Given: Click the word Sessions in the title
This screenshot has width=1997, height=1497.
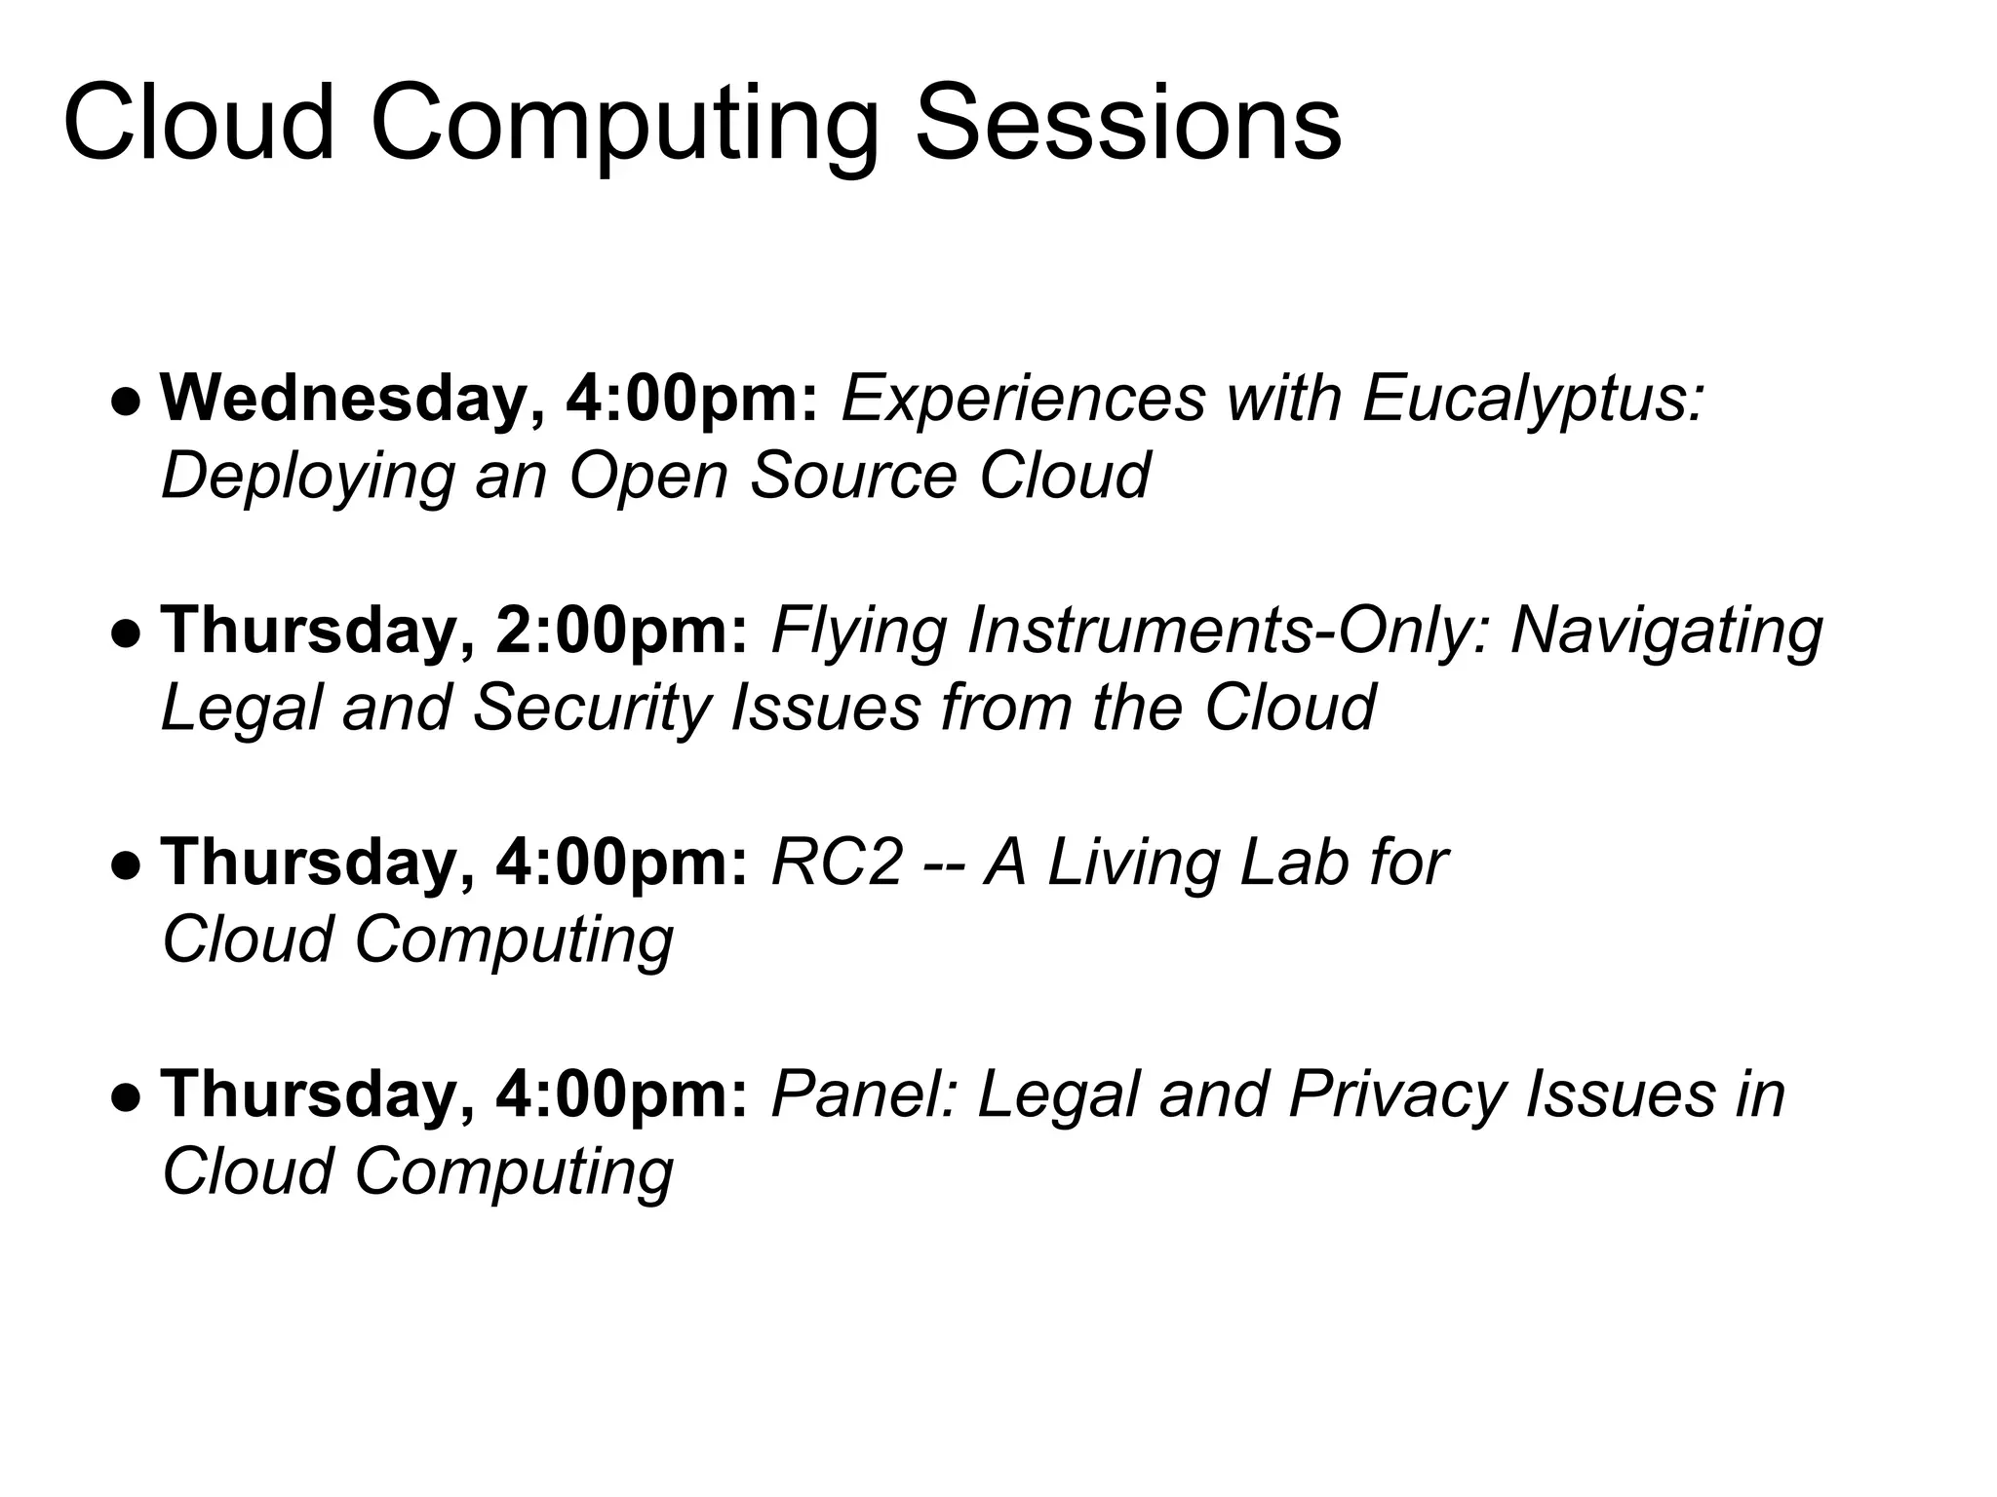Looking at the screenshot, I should [1128, 124].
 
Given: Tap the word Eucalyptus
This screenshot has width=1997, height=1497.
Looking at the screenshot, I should [1531, 399].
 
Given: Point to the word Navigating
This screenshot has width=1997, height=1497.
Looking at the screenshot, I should [1666, 631].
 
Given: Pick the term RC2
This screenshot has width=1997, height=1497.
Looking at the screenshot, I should [837, 863].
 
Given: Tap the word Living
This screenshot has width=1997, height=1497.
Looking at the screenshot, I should [1132, 863].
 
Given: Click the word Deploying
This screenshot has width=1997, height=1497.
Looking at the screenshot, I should [307, 477].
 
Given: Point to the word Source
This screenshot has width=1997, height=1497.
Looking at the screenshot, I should [853, 475].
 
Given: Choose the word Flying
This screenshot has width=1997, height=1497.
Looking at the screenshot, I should [858, 631].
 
